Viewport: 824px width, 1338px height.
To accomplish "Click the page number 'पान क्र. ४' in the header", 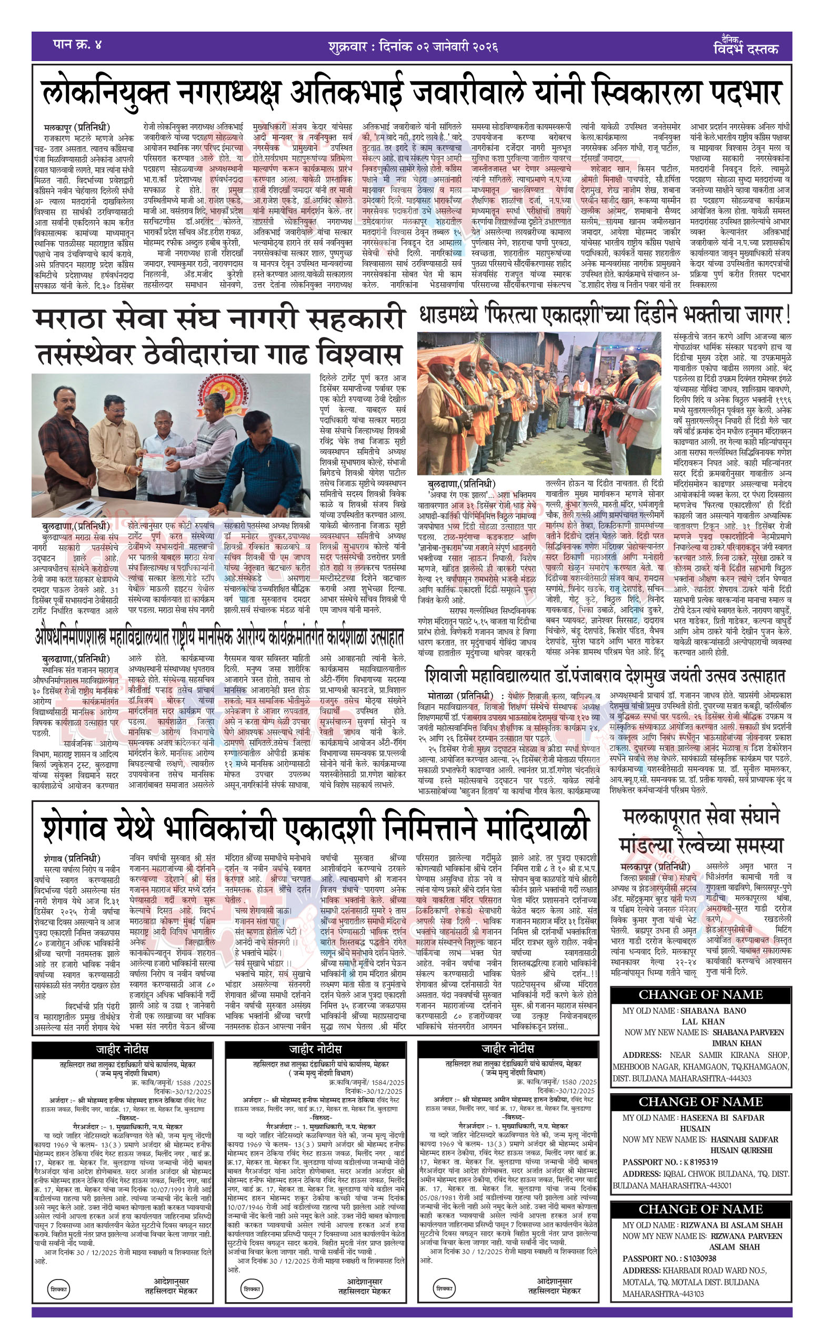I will [x=77, y=44].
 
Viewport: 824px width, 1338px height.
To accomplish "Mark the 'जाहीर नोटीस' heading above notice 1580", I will [x=507, y=1049].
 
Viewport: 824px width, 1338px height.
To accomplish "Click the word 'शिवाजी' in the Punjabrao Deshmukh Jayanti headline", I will [x=448, y=677].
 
